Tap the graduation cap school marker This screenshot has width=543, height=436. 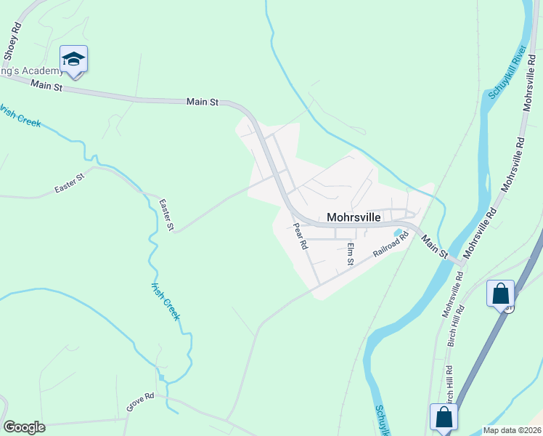tap(73, 58)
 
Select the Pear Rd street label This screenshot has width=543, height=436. tap(300, 236)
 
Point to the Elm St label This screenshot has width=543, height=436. tap(351, 253)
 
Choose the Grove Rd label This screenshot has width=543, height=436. tap(140, 402)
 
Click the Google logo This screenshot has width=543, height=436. tap(24, 427)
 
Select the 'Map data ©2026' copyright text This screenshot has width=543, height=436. tap(511, 430)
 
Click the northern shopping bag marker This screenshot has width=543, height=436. tap(501, 294)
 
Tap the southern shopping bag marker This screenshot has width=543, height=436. tap(444, 418)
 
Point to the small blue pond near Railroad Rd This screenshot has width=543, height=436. tap(398, 233)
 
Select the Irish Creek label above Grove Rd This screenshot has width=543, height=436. tap(165, 301)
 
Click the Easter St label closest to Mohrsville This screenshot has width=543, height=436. tap(166, 216)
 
